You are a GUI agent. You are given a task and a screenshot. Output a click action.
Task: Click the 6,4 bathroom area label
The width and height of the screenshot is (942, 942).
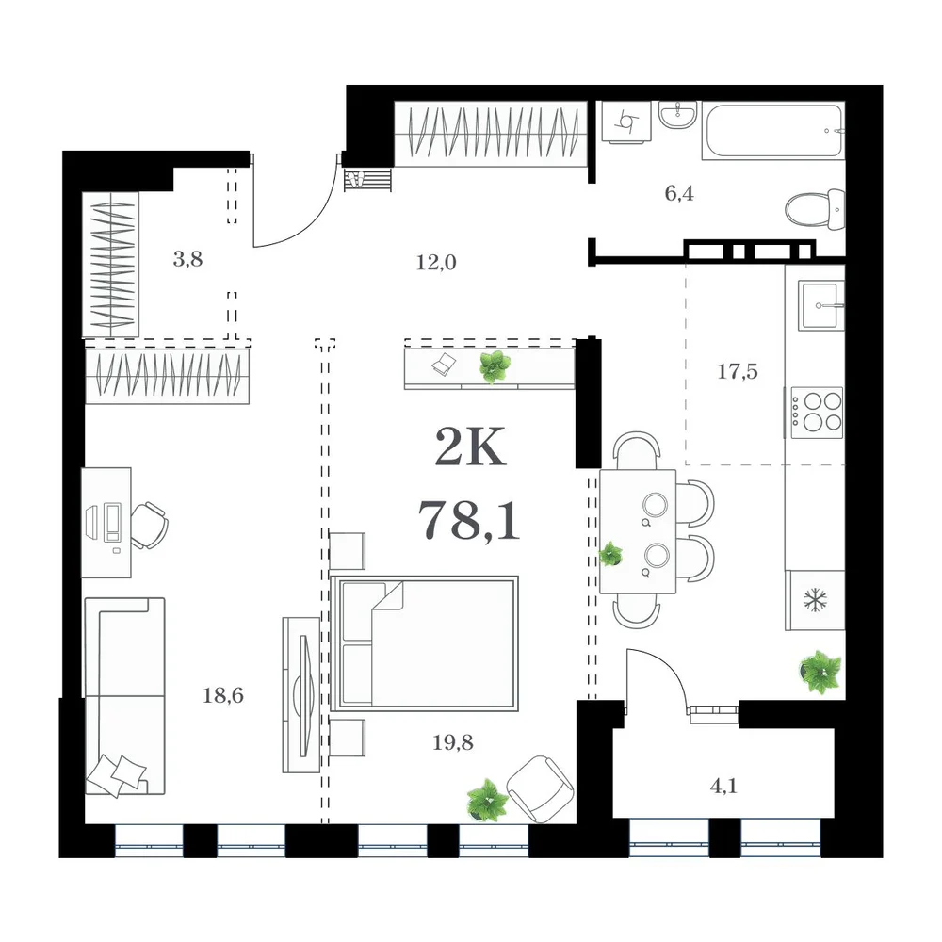coord(679,193)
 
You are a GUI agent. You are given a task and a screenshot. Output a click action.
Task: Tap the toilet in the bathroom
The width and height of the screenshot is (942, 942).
coord(815,209)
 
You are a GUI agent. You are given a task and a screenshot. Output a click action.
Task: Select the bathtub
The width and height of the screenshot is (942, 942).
coord(773,131)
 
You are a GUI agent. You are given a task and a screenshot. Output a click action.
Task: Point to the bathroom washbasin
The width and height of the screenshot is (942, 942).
coord(677,114)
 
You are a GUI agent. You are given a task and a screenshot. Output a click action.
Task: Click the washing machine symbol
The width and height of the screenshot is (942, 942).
coord(626,122)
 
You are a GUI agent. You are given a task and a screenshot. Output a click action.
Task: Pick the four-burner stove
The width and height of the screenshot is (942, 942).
coord(817,413)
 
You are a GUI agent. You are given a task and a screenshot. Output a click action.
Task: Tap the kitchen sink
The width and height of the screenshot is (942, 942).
coord(820,306)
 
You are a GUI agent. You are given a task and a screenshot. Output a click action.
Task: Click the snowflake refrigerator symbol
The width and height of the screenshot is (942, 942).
coord(815,599)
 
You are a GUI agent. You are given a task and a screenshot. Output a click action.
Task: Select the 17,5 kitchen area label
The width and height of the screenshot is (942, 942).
coord(738,371)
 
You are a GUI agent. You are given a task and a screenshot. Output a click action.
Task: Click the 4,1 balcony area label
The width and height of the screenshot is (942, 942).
coord(723,786)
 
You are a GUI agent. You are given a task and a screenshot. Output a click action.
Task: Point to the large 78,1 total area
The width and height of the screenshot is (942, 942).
coord(468,520)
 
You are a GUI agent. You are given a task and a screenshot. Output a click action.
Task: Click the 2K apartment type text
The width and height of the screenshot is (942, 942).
coord(470,447)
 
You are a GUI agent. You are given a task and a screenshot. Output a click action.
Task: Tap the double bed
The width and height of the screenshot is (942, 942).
coord(424,642)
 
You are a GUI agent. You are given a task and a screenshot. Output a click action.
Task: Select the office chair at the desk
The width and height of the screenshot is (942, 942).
coord(149,526)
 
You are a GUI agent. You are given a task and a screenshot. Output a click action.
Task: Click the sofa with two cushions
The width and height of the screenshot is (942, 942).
coord(125,696)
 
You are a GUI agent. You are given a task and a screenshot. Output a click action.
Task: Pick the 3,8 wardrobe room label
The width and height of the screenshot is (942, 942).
coord(187,260)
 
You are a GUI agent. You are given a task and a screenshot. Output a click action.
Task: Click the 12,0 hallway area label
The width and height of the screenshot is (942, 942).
coord(436,263)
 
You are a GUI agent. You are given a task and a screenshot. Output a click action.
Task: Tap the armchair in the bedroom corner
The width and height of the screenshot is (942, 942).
coord(540,788)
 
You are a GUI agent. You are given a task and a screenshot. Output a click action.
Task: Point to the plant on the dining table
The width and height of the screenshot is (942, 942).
coord(611,554)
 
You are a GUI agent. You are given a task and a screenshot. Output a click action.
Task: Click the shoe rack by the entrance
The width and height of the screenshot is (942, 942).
coord(367,180)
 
